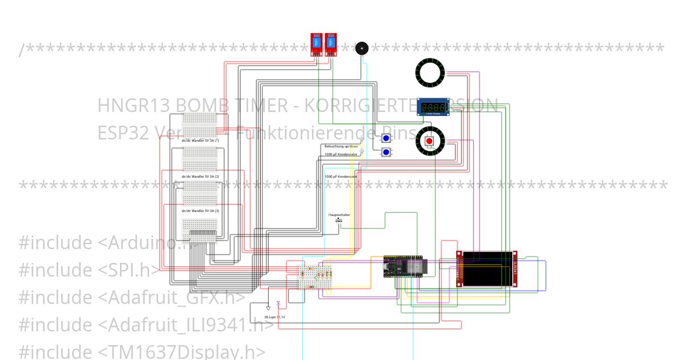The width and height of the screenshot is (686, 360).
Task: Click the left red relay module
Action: pos(316,44)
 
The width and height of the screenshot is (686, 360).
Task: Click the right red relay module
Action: pos(330,44)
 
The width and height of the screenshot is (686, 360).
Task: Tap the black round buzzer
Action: pos(361,48)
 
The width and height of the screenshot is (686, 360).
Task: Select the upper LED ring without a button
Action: pos(429,72)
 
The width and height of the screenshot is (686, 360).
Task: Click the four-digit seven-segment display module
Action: pos(432,107)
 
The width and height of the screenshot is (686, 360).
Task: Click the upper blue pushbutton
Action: pos(386,138)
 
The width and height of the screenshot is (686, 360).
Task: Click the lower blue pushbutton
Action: pos(386,152)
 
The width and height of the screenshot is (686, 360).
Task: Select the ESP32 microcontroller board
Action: pos(403,266)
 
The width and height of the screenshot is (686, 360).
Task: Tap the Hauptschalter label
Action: pos(339,215)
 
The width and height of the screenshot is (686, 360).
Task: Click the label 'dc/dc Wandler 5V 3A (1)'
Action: pos(200,140)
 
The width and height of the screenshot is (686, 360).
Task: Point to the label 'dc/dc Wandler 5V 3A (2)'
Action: pos(200,177)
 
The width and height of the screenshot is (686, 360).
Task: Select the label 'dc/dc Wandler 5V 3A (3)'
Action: pos(200,211)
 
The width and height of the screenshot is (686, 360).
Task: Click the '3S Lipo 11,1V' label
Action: pos(274,317)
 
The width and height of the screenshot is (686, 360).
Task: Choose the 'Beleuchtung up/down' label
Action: pos(341,146)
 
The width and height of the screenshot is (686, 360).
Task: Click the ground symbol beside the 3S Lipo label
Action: pos(268,308)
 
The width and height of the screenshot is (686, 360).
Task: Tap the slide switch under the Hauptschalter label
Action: pos(339,220)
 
